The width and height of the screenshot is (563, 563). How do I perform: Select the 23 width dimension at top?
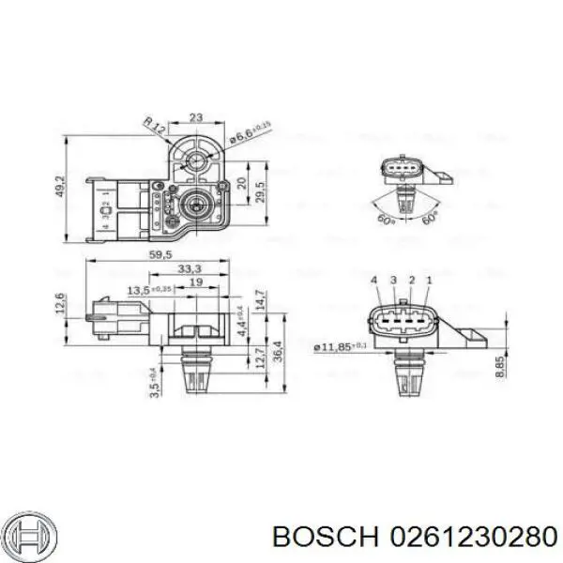195,117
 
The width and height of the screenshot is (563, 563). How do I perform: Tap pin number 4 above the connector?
373,281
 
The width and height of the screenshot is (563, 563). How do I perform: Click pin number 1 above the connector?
429,281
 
